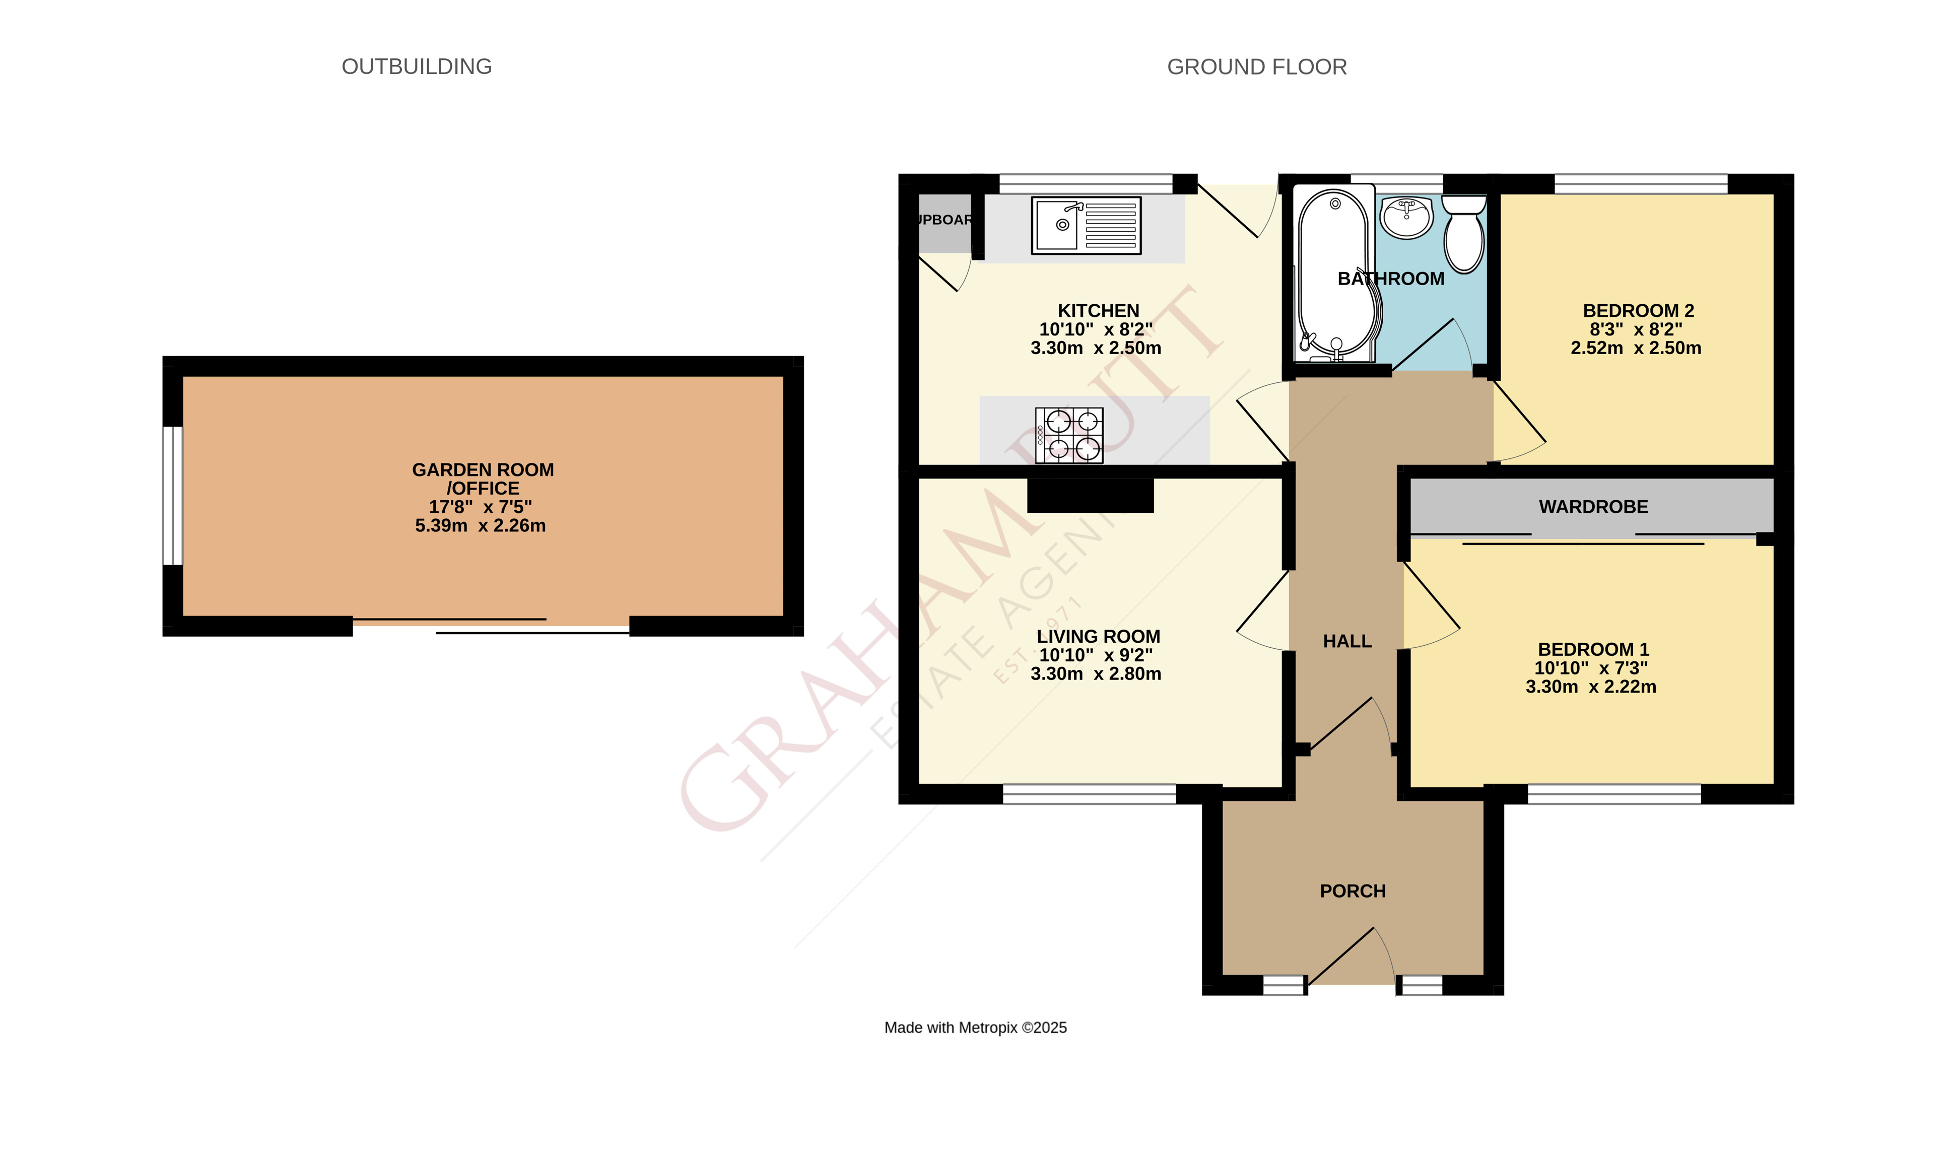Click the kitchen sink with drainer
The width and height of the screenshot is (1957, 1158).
pos(1086,226)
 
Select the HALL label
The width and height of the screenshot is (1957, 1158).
pos(1347,641)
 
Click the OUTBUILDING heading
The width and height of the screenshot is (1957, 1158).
pos(417,66)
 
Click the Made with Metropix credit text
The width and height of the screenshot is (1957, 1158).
pos(975,1028)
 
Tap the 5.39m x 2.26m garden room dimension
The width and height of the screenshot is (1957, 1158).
pos(480,525)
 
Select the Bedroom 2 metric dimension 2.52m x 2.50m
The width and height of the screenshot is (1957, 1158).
pos(1636,348)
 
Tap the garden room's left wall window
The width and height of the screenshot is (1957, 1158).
pos(172,496)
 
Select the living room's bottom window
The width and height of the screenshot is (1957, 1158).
pos(1089,794)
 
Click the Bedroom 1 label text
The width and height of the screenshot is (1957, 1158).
pos(1593,649)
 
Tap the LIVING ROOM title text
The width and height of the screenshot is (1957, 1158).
pos(1098,636)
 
